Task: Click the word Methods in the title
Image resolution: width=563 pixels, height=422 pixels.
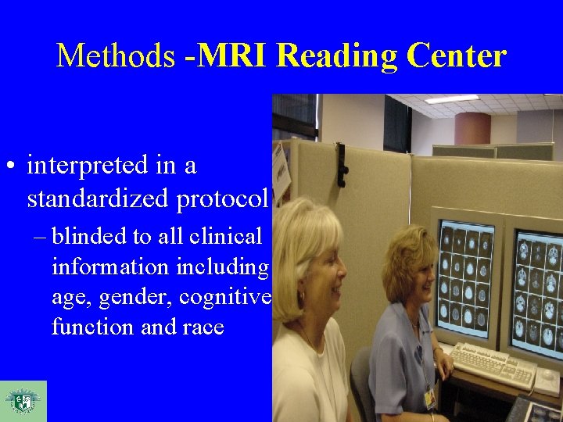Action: point(116,56)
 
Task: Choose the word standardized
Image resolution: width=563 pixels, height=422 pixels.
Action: point(99,200)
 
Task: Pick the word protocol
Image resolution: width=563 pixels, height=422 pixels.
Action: point(223,200)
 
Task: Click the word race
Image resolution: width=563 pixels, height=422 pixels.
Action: point(203,327)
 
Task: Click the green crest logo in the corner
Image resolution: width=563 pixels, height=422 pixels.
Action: point(23,401)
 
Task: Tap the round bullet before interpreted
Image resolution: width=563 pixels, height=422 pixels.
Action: point(12,166)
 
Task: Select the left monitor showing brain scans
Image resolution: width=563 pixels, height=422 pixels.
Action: point(468,278)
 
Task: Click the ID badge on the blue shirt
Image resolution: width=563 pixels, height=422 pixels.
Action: point(429,398)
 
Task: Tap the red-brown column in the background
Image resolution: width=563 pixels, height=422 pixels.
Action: point(472,129)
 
